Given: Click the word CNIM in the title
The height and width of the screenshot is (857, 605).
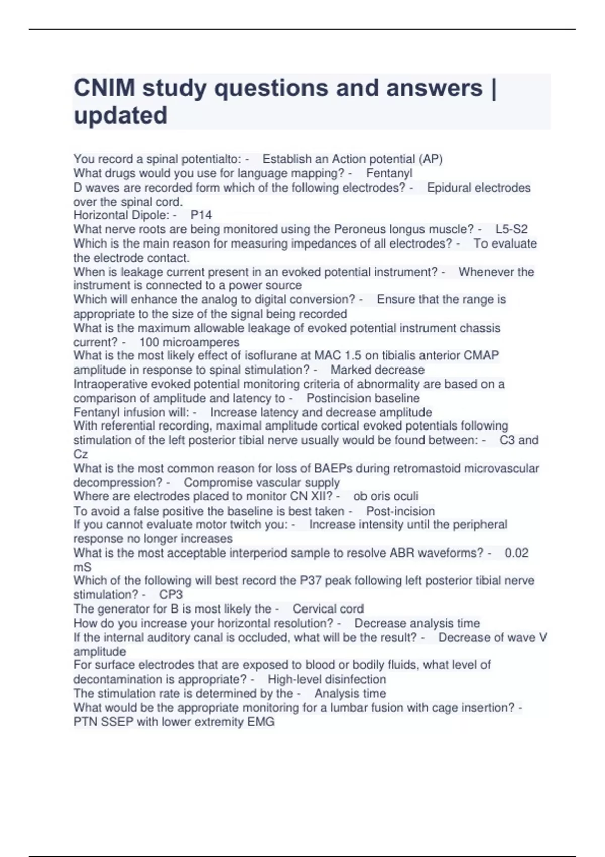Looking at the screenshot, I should pos(104,88).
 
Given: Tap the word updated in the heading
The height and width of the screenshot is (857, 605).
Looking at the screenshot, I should pos(120,115).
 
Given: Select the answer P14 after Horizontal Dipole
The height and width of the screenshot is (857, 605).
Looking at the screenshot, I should pos(201,215).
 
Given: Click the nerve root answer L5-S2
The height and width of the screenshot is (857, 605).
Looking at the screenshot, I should pos(511,229).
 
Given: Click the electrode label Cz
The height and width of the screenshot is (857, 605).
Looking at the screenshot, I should pos(81,454).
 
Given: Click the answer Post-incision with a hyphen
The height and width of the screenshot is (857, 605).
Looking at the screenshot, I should pos(400,511).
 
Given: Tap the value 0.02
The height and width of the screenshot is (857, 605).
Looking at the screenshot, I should pos(516,553).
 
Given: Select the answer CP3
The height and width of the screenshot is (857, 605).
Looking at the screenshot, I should pos(171,595).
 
